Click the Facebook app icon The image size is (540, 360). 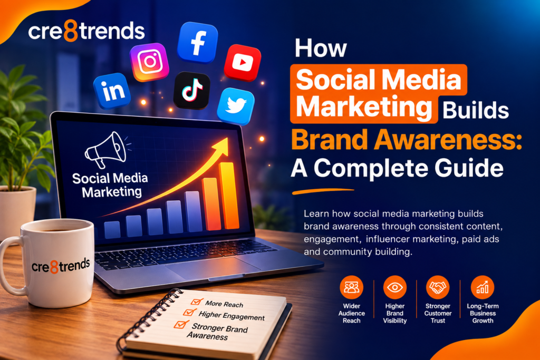(x=198, y=42)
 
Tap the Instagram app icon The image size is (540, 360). (x=149, y=62)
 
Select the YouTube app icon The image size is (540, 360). (x=243, y=63)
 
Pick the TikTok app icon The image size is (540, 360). (x=191, y=91)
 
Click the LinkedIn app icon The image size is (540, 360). (x=112, y=91)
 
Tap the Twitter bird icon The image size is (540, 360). (x=236, y=106)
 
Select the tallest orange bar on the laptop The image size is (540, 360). (x=229, y=196)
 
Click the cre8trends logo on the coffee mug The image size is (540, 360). (x=61, y=266)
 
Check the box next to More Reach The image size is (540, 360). (x=197, y=301)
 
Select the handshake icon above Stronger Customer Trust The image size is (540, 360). (x=438, y=287)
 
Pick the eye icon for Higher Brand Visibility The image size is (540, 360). (x=394, y=287)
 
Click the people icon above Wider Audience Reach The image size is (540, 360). (x=351, y=287)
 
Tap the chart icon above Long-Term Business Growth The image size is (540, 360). (x=482, y=287)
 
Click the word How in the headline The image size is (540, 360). (x=321, y=48)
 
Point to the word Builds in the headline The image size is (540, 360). (x=476, y=110)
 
